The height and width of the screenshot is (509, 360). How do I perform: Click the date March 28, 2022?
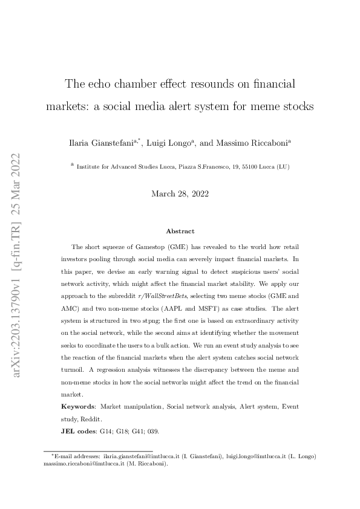pyautogui.click(x=180, y=193)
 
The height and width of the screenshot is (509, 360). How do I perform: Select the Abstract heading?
pyautogui.click(x=180, y=230)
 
